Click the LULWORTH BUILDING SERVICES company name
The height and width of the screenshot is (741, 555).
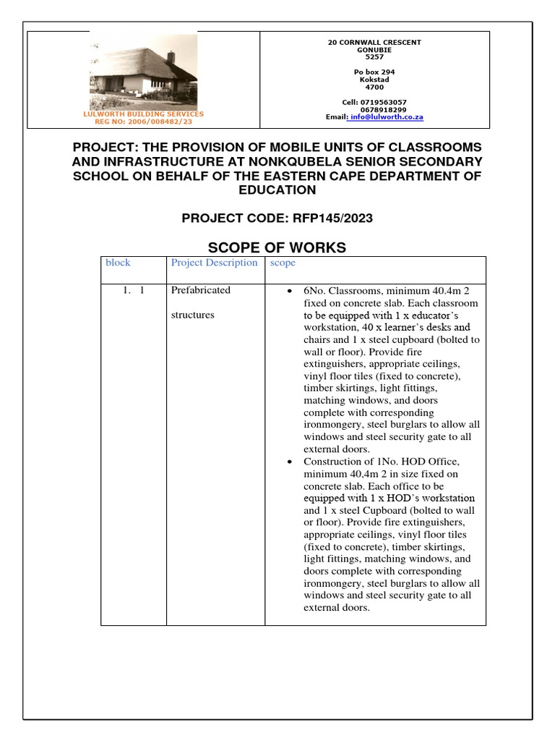pyautogui.click(x=144, y=114)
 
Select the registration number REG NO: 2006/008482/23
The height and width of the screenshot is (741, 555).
pyautogui.click(x=144, y=122)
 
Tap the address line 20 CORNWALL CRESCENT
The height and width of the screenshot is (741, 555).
pyautogui.click(x=374, y=43)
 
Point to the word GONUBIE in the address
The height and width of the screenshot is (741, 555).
pyautogui.click(x=374, y=50)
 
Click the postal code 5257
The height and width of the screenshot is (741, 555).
pyautogui.click(x=374, y=57)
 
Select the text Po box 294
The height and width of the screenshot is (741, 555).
pyautogui.click(x=374, y=72)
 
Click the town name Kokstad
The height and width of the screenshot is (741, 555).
pyautogui.click(x=374, y=80)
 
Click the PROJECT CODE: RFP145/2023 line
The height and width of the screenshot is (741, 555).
pyautogui.click(x=277, y=218)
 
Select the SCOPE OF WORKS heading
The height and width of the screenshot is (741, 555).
pyautogui.click(x=277, y=247)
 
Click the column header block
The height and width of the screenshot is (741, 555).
pyautogui.click(x=118, y=263)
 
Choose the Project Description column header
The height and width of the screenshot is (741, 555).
pyautogui.click(x=214, y=263)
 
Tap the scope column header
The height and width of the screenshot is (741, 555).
pyautogui.click(x=283, y=263)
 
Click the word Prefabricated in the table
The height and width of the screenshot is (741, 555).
pyautogui.click(x=201, y=290)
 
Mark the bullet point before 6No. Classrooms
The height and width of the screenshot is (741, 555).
pyautogui.click(x=289, y=291)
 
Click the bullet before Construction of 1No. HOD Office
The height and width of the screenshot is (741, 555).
pyautogui.click(x=289, y=462)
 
